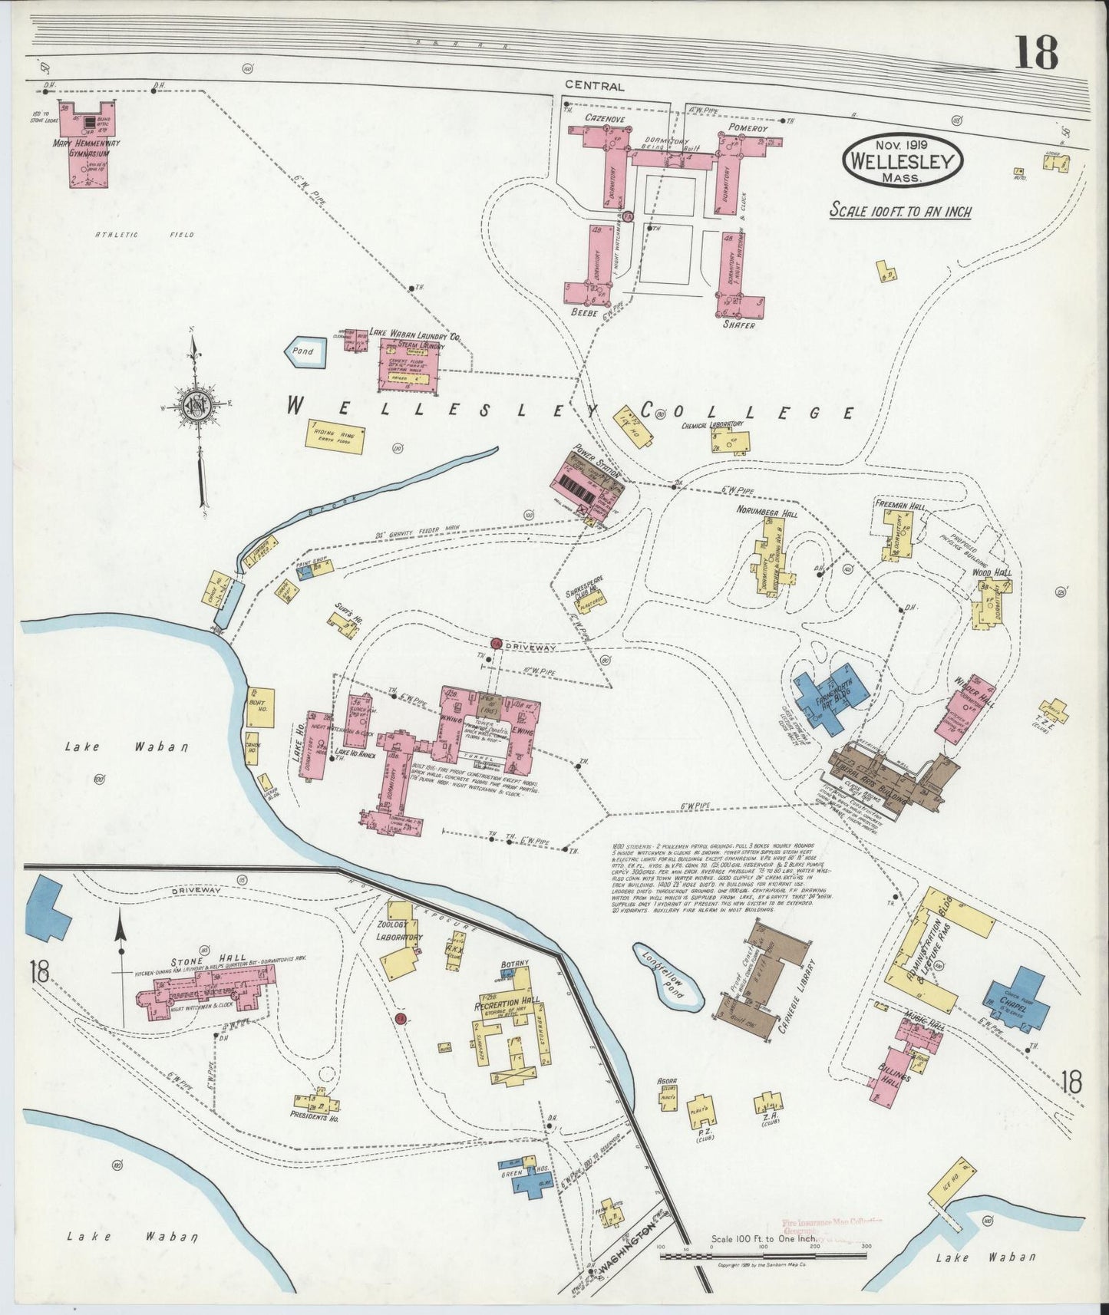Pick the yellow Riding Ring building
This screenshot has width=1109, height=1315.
(334, 436)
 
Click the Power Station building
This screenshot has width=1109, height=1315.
(589, 483)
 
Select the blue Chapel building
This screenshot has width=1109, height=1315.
(1015, 997)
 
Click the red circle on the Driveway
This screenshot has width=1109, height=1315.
(496, 643)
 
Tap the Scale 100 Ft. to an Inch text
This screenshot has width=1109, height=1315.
(899, 211)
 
